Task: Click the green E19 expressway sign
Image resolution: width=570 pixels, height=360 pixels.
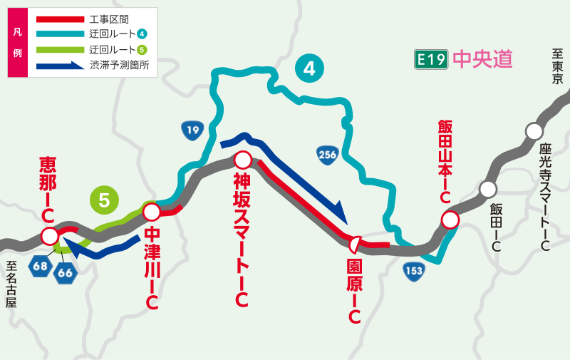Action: [431, 59]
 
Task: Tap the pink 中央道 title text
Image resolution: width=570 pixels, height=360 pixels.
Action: [482, 59]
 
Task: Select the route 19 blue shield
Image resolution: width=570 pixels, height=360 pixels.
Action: [192, 130]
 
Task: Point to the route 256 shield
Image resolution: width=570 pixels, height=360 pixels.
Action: [327, 155]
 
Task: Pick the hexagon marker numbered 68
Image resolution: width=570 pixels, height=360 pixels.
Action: [39, 267]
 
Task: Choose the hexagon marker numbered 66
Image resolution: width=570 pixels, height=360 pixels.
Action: [65, 272]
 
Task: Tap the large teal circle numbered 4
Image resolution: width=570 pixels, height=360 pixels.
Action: [309, 68]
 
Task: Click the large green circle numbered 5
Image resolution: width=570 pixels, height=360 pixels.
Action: [104, 200]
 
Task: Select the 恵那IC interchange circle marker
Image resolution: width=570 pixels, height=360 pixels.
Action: [50, 236]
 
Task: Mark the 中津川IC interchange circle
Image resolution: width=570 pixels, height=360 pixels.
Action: [151, 212]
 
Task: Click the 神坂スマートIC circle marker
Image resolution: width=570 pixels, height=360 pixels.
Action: [243, 160]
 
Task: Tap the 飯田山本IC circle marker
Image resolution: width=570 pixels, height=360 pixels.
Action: [450, 220]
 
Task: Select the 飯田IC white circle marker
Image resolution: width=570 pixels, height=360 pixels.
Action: [488, 189]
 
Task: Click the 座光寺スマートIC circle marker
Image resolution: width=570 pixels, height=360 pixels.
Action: [534, 131]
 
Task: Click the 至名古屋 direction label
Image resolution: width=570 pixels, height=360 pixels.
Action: [10, 284]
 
